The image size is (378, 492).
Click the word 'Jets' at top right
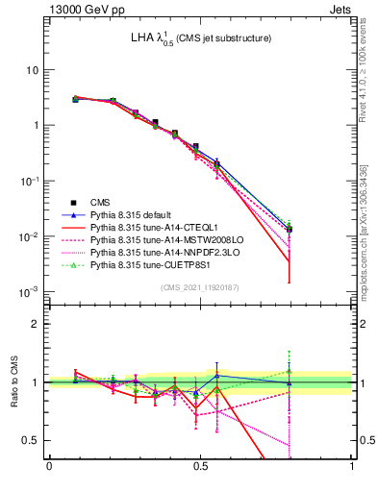(x=340, y=11)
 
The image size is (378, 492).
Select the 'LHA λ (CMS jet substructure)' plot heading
(x=201, y=38)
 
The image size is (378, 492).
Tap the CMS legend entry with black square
(x=102, y=203)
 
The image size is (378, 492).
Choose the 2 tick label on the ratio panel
(x=38, y=324)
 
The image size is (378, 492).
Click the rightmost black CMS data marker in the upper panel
(x=289, y=230)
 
